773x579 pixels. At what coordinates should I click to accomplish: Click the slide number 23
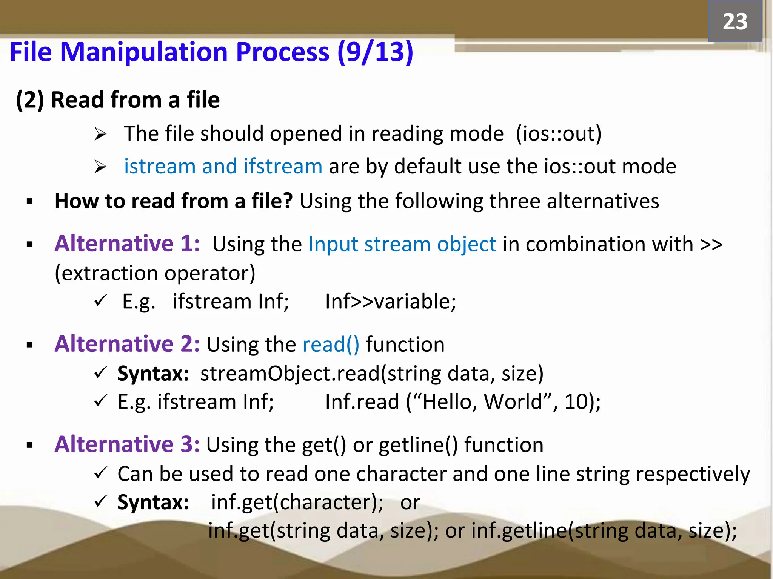pos(735,21)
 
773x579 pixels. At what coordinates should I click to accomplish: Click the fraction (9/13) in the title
pos(375,52)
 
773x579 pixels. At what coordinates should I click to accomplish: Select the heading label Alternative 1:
pos(127,244)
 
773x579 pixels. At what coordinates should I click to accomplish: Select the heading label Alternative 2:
pos(127,344)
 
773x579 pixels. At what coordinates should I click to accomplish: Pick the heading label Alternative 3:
pos(127,444)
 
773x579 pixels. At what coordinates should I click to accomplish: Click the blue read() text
pos(331,345)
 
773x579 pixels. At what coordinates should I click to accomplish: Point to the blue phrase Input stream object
pos(402,244)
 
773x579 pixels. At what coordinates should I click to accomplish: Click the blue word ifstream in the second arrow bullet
pos(283,166)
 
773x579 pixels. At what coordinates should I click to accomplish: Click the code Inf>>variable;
pos(391,302)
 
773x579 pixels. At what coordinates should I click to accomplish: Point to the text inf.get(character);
pos(297,502)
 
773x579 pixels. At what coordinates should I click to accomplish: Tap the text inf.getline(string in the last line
pos(552,531)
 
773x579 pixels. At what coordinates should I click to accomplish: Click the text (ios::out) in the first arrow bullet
pos(559,134)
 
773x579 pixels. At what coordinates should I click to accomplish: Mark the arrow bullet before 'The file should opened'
pos(100,134)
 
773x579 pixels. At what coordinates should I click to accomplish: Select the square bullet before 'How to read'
pos(30,202)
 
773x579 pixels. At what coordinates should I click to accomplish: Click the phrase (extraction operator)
pos(155,273)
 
